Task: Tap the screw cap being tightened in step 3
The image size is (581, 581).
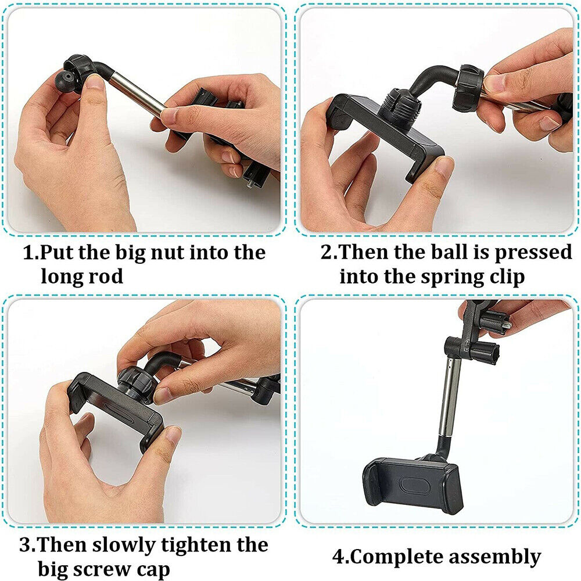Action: click(x=134, y=381)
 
